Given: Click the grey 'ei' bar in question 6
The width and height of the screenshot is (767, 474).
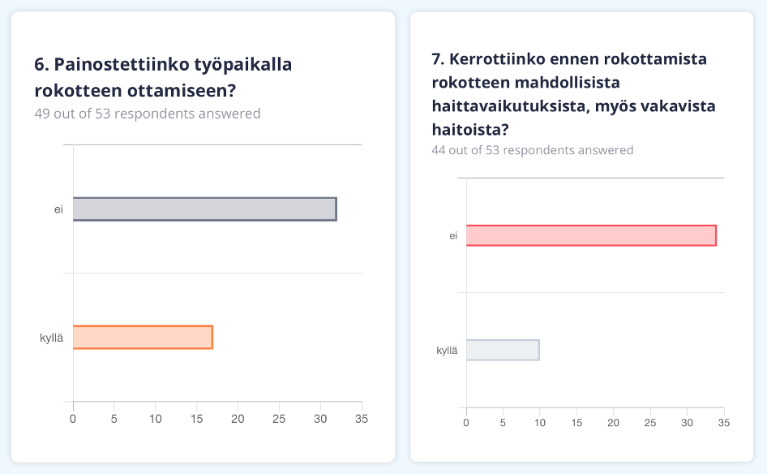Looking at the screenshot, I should click(204, 209).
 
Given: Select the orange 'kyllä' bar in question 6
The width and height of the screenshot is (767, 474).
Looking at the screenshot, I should click(143, 337).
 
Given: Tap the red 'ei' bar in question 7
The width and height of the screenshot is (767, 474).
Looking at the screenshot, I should click(591, 235).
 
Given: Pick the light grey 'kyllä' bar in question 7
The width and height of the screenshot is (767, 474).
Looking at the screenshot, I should click(503, 350).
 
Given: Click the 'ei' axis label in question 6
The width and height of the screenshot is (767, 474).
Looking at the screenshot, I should click(59, 209).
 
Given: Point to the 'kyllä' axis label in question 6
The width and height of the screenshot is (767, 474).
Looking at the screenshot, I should click(52, 338).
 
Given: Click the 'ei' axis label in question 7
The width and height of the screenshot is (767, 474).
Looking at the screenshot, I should click(453, 236).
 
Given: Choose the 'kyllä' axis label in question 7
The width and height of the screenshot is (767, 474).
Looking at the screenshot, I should click(447, 351).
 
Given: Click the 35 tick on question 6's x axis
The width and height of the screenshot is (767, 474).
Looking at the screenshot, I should click(361, 419).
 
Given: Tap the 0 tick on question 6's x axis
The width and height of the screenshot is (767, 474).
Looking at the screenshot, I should click(73, 419).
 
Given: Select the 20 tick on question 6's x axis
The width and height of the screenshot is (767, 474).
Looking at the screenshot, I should click(238, 419).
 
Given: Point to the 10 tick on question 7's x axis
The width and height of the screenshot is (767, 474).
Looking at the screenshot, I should click(540, 423).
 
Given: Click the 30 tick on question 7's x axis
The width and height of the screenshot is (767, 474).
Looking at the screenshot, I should click(688, 423).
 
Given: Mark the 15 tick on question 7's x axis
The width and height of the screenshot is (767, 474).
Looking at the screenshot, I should click(576, 423).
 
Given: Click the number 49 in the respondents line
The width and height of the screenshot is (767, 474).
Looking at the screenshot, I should click(42, 114).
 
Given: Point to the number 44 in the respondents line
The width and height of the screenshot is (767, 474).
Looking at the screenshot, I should click(439, 150).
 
